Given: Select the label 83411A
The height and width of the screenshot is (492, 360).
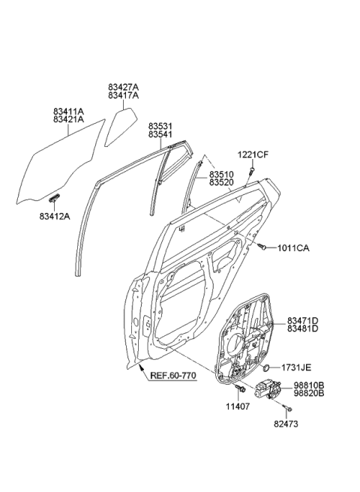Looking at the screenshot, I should [68, 109].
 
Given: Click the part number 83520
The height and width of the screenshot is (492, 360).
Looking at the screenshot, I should [223, 182].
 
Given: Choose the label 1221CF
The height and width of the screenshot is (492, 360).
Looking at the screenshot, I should [253, 155].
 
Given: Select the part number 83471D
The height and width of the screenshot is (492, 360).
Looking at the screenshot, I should [302, 320].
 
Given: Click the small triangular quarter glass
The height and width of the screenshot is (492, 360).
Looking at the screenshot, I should [119, 127].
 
